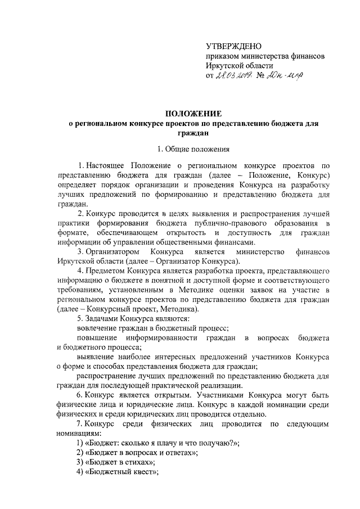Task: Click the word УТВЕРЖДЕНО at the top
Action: (233, 46)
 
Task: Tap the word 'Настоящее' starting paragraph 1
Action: (106, 166)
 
